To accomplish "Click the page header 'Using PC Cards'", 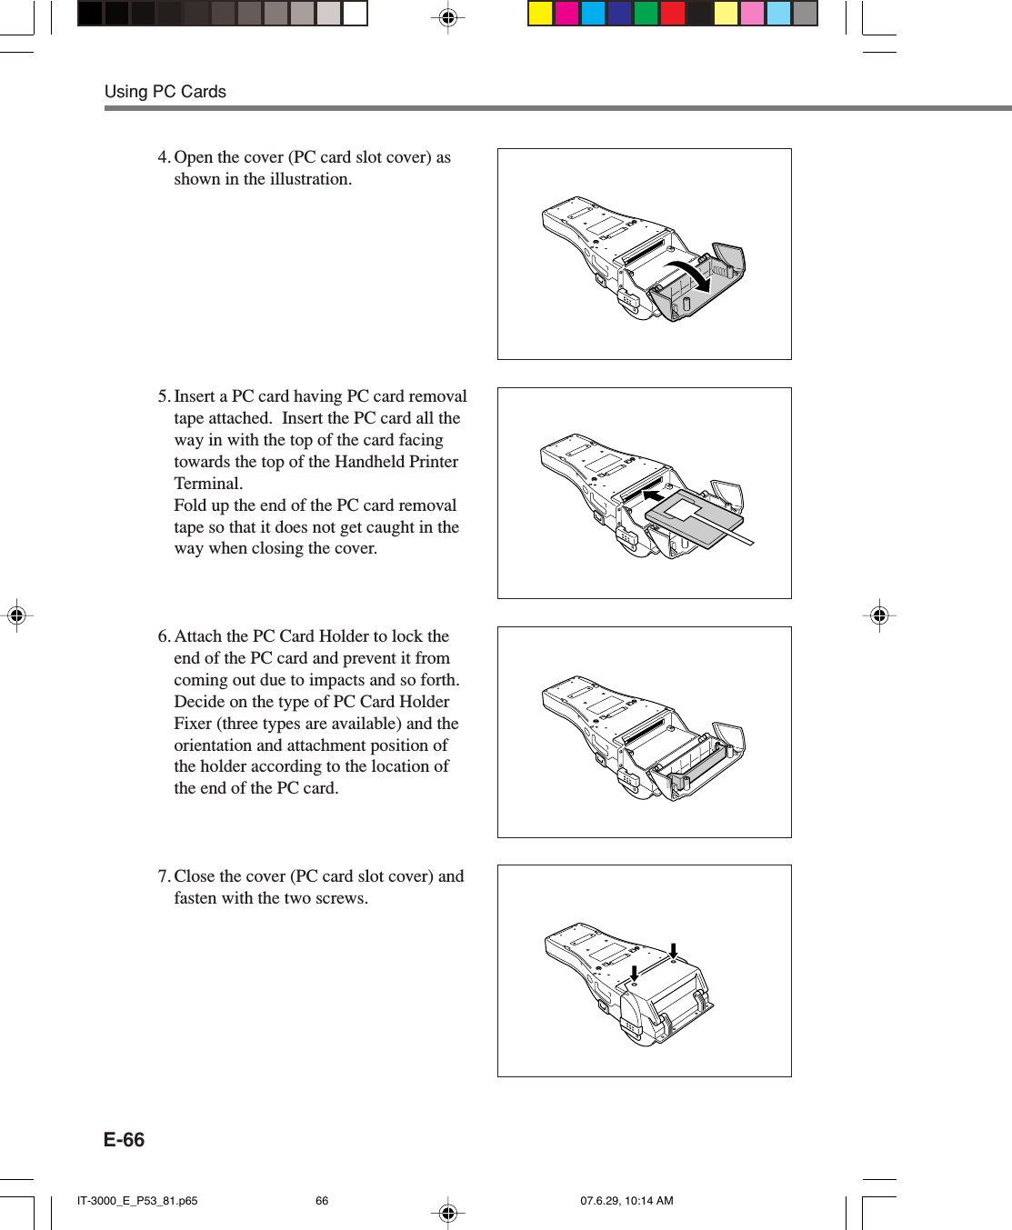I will pyautogui.click(x=165, y=92).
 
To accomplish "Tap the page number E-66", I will pyautogui.click(x=124, y=1140).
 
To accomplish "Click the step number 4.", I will pyautogui.click(x=163, y=157).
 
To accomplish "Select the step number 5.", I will pyautogui.click(x=163, y=396).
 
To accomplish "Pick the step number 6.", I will pyautogui.click(x=163, y=636).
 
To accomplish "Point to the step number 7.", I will pyautogui.click(x=163, y=876).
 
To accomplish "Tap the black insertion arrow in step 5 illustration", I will pyautogui.click(x=654, y=496).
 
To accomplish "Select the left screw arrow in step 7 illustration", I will pyautogui.click(x=634, y=972).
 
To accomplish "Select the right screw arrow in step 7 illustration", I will pyautogui.click(x=674, y=951).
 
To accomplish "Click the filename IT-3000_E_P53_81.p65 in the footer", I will pyautogui.click(x=137, y=1201).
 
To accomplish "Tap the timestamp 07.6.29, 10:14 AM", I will pyautogui.click(x=626, y=1201).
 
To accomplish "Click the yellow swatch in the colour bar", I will pyautogui.click(x=541, y=14).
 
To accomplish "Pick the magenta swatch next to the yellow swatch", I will pyautogui.click(x=567, y=14).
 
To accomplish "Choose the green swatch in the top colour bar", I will pyautogui.click(x=646, y=14).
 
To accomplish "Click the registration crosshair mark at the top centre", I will pyautogui.click(x=447, y=17).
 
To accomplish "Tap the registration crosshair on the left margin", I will pyautogui.click(x=16, y=615).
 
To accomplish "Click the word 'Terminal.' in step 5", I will pyautogui.click(x=208, y=484).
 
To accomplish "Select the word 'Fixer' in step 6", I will pyautogui.click(x=193, y=724).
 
